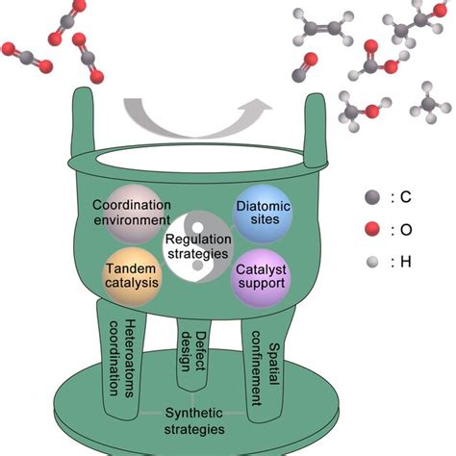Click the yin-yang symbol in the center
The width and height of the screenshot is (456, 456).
coord(197,246)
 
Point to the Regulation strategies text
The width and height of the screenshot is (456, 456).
coord(197,246)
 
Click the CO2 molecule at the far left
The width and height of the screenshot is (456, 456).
coord(24,60)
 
